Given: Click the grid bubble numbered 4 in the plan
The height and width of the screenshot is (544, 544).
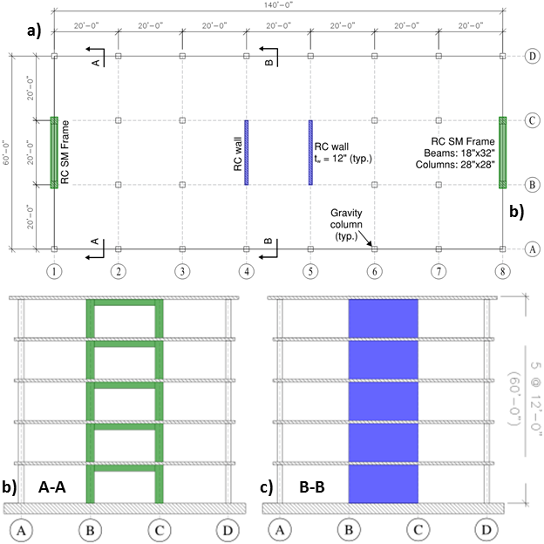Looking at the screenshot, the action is click(x=247, y=271).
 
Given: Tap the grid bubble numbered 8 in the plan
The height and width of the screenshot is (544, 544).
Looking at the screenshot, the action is click(x=502, y=271).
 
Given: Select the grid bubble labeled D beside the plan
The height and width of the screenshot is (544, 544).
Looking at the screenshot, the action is click(x=532, y=56).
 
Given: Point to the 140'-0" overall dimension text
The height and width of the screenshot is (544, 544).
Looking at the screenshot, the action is click(x=279, y=5).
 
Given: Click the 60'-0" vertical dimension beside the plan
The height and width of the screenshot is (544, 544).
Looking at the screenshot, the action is click(x=6, y=153).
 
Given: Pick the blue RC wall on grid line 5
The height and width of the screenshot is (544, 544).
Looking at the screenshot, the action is click(x=310, y=153).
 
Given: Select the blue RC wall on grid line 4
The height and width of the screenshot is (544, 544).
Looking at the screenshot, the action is click(x=247, y=153).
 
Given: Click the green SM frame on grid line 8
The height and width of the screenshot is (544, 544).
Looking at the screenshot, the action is click(x=502, y=153).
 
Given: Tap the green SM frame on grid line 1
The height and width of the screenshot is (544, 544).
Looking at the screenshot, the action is click(x=54, y=153).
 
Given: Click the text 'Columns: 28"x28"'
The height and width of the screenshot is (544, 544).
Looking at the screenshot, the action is click(x=455, y=165).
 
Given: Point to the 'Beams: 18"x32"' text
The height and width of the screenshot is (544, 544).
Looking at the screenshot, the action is click(x=459, y=153).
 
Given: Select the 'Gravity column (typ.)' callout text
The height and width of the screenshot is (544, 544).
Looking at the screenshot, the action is click(x=346, y=224).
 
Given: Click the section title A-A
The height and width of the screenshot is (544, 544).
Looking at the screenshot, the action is click(x=52, y=487).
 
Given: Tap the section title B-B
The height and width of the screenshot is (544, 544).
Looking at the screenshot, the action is click(x=312, y=487).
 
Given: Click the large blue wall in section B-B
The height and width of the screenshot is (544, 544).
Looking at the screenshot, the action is click(x=384, y=401).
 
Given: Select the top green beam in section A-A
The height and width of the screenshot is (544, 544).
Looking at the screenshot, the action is click(x=125, y=303).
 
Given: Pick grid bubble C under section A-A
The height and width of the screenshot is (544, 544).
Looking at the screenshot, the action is click(x=160, y=530).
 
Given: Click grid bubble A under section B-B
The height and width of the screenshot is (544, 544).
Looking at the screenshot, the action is click(x=280, y=530).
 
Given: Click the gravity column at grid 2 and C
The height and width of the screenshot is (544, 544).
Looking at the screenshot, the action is click(x=119, y=120).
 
